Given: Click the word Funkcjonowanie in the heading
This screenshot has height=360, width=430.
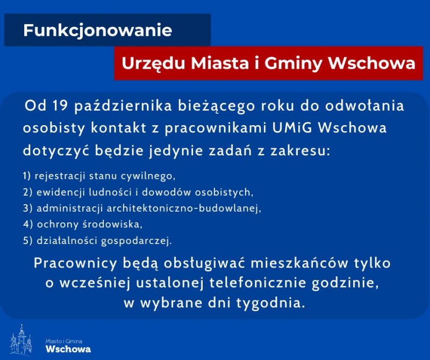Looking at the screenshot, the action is tap(98, 31).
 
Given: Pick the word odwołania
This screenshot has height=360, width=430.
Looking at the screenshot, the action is tap(364, 106).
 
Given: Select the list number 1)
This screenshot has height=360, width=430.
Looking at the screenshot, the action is tap(27, 176).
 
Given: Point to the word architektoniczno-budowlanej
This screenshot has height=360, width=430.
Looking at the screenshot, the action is tap(183, 208).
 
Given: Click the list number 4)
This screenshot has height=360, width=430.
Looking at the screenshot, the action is tap(28, 224).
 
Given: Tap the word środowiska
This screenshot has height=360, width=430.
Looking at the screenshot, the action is tap(112, 224).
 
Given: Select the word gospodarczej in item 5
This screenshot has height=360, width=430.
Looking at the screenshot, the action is tap(137, 241).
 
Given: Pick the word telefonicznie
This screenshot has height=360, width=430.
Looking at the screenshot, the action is tap(258, 283).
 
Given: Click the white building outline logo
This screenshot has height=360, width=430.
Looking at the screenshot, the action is tap(21, 339).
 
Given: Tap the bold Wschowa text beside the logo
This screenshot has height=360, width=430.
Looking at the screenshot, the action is tap(68, 349).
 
